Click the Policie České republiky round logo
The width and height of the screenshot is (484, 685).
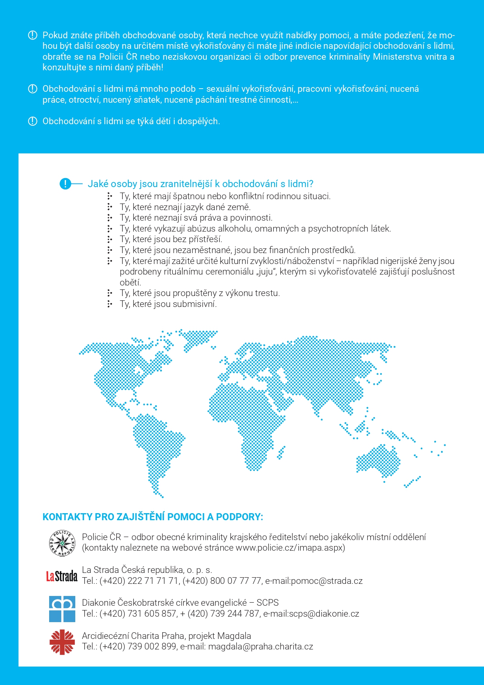point(62,543)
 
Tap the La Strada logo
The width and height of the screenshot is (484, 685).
point(62,576)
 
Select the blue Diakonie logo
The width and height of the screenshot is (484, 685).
point(62,609)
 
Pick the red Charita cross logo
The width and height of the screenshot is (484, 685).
point(62,642)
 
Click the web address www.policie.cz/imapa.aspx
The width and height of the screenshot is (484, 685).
point(290,548)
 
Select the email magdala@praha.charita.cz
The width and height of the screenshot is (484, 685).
point(261,646)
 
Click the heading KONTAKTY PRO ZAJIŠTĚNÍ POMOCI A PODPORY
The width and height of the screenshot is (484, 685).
point(152,517)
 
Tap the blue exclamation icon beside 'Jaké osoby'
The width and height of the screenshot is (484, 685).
point(65,184)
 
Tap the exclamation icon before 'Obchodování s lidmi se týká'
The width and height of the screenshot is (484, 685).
point(33,121)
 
